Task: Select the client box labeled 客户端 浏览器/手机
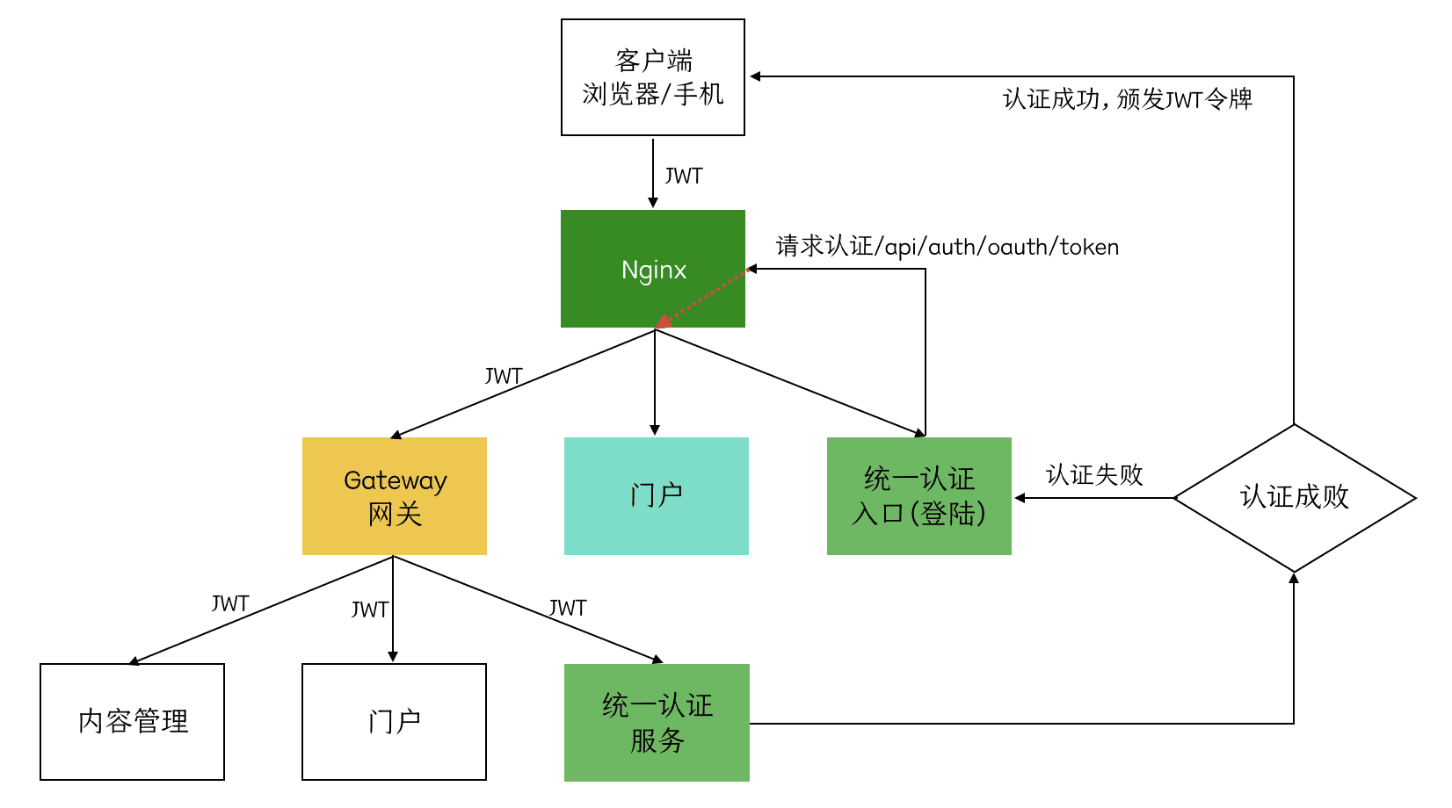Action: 653,77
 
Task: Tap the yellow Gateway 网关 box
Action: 395,496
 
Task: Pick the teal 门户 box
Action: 657,496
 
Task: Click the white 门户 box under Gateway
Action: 394,722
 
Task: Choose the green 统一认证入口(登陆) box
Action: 919,496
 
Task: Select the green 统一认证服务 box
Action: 657,723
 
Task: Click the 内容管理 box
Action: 133,722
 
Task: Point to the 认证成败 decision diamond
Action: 1294,498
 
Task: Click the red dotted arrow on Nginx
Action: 701,298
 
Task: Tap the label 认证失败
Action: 1094,475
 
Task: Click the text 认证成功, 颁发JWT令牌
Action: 1128,98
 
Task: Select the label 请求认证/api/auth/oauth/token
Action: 947,247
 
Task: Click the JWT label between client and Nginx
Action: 684,177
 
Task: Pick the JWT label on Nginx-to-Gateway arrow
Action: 504,377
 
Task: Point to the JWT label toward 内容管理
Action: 230,604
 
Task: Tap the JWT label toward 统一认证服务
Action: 568,608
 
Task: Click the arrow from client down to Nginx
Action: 653,172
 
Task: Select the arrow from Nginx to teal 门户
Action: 655,383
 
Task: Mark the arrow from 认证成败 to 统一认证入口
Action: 1094,498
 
